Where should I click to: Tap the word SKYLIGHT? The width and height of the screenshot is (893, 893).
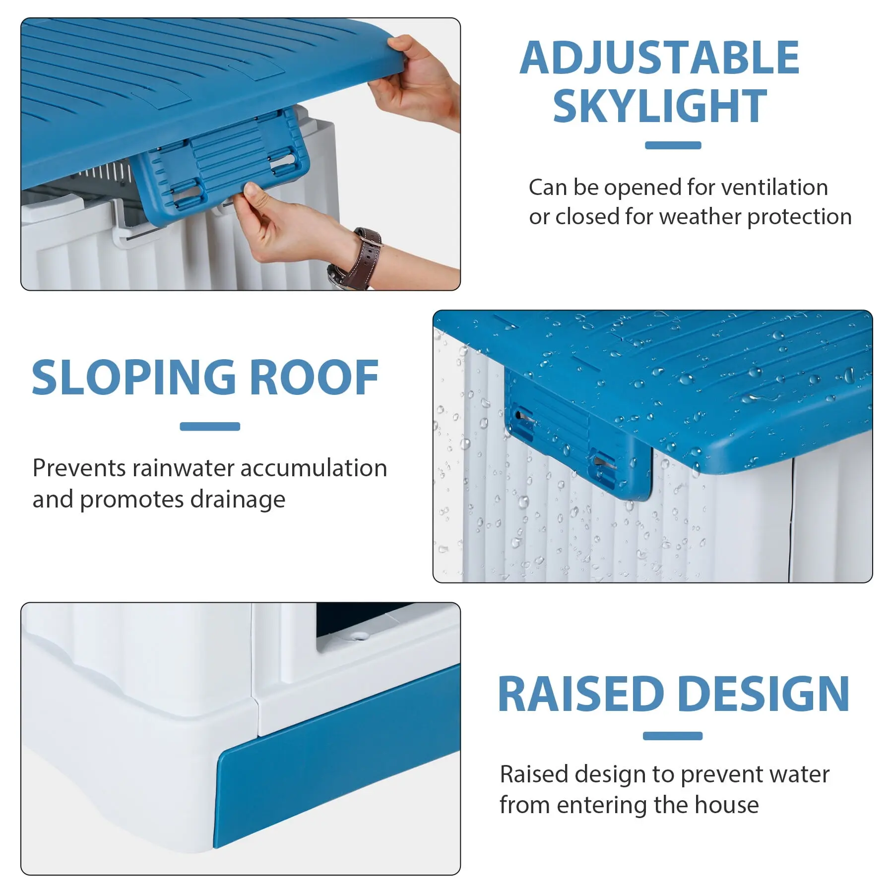(660, 106)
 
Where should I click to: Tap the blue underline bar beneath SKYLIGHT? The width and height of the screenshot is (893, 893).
(673, 145)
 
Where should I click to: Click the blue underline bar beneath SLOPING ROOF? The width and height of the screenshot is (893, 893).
(210, 427)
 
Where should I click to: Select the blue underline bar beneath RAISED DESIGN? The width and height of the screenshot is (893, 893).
(672, 736)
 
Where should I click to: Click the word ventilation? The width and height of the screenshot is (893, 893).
(774, 188)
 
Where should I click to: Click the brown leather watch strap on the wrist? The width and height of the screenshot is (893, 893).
(364, 258)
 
